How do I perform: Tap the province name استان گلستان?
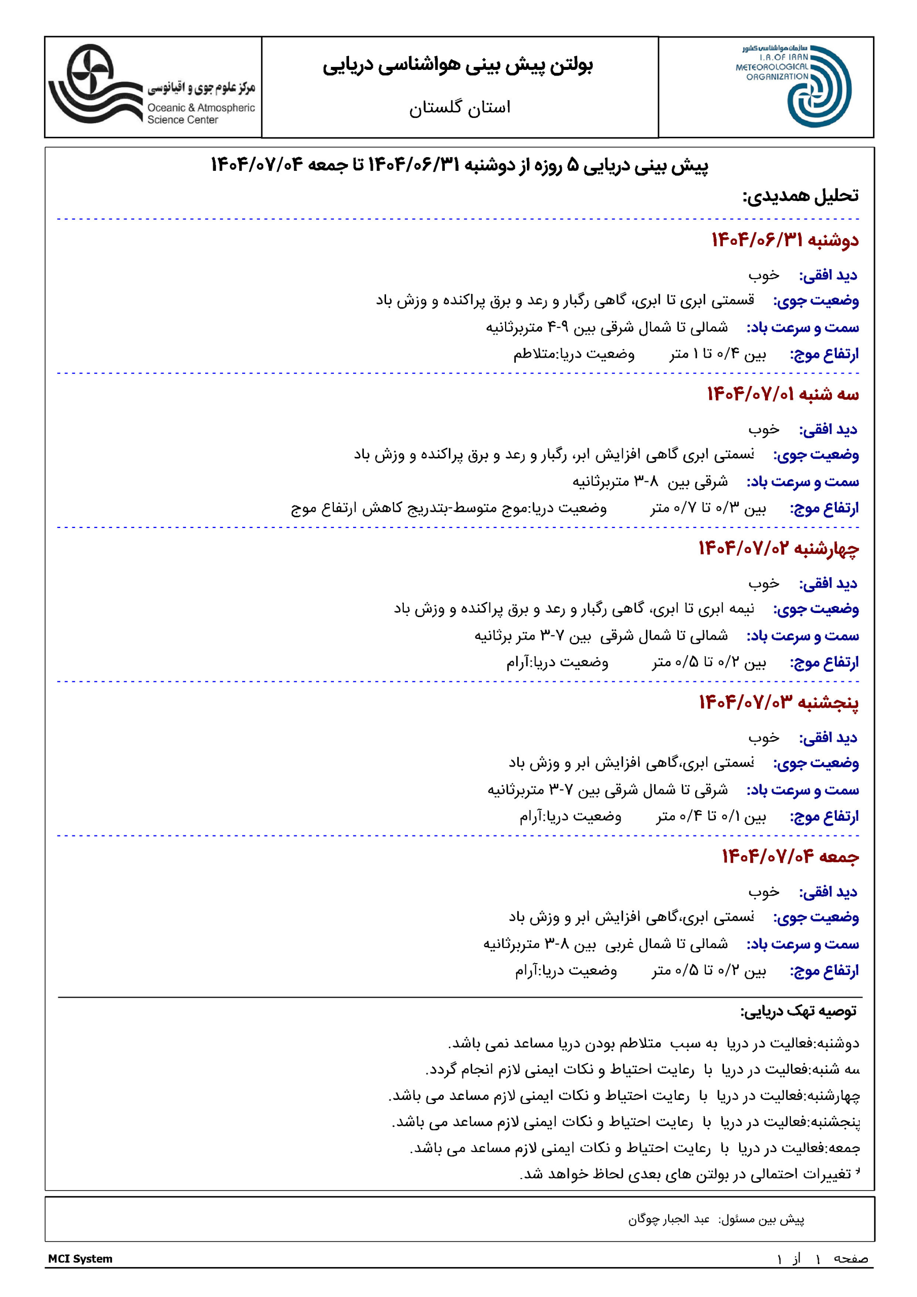[460, 107]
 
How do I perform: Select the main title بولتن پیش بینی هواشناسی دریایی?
[457, 65]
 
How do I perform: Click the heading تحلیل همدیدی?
[800, 196]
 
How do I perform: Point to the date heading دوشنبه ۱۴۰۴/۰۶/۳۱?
[785, 240]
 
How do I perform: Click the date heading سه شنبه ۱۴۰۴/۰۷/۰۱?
[783, 394]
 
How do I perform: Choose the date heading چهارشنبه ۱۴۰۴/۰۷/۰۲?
[778, 549]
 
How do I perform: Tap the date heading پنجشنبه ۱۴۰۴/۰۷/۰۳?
[778, 703]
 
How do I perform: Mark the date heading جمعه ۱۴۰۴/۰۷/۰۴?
[790, 857]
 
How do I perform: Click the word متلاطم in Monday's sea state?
[534, 354]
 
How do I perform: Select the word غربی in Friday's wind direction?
[622, 944]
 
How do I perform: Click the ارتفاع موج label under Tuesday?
[824, 508]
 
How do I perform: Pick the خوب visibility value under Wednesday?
[763, 584]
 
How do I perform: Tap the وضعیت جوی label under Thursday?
[816, 764]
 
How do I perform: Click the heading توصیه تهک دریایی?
[798, 1011]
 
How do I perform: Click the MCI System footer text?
[80, 1258]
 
